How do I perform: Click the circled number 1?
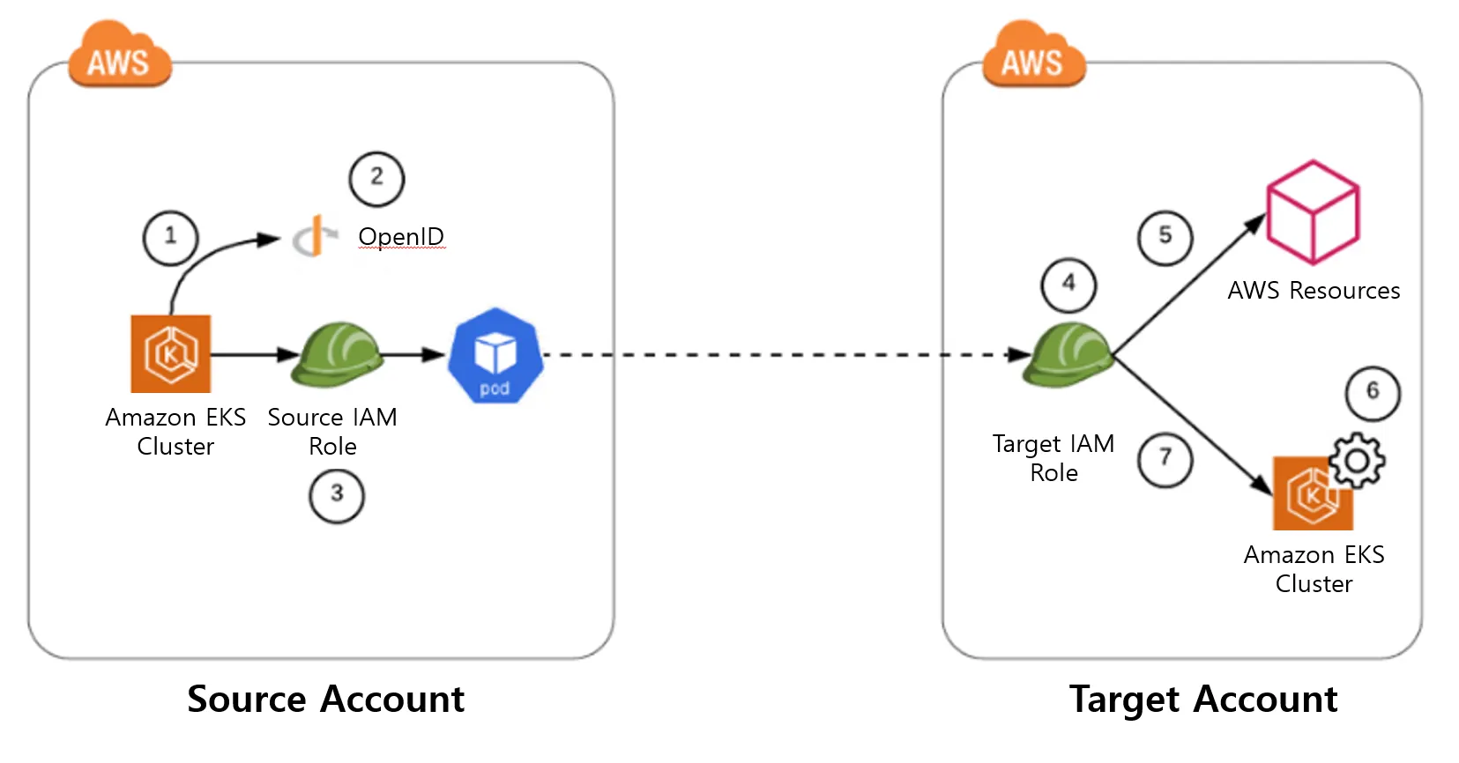170,237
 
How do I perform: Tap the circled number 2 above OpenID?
376,179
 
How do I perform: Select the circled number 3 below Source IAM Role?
336,495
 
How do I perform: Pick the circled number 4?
1068,285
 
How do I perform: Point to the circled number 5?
1165,237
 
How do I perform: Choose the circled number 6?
1372,393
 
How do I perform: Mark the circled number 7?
1165,459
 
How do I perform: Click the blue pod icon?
495,355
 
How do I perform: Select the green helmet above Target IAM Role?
1068,354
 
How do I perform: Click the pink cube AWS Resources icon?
1313,212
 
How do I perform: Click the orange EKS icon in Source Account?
171,354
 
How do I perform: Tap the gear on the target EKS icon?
1357,460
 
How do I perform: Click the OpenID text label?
401,237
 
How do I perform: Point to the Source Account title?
325,700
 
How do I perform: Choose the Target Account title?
1203,700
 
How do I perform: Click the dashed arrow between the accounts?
776,355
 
